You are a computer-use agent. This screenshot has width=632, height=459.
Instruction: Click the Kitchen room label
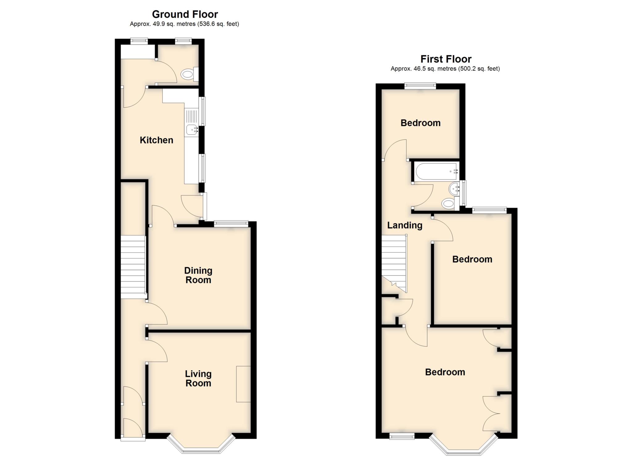click(156, 140)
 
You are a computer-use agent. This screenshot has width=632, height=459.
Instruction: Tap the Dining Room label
click(198, 275)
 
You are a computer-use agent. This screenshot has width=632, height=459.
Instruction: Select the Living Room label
click(198, 379)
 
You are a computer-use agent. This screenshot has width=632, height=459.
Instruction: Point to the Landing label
click(405, 225)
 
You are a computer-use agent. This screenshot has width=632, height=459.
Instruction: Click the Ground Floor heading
click(185, 14)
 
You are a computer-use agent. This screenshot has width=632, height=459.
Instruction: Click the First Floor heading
click(446, 59)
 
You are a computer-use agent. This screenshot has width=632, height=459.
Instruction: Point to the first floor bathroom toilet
click(448, 203)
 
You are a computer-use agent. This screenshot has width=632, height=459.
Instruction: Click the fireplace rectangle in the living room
click(243, 384)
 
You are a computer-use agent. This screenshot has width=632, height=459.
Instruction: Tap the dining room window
click(231, 224)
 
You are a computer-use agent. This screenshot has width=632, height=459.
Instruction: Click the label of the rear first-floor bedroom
click(420, 123)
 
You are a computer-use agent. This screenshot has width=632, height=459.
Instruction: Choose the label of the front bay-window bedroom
click(445, 372)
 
